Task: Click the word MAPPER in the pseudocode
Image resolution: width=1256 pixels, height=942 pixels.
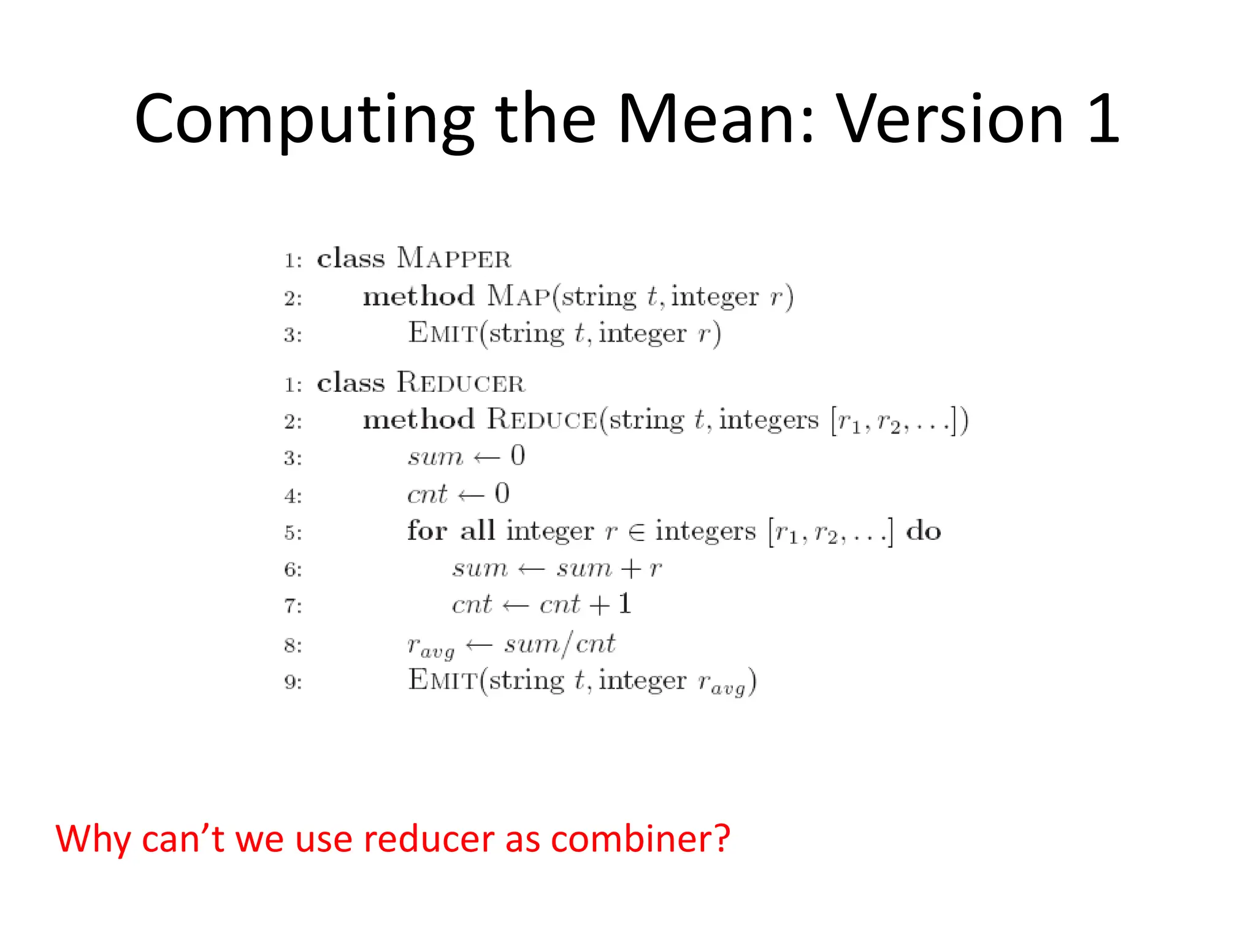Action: click(454, 258)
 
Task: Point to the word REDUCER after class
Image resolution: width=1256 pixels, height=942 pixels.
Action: click(461, 383)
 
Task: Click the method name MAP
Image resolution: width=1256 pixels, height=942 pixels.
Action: click(519, 296)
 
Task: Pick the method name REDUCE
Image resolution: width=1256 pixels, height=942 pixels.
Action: click(542, 420)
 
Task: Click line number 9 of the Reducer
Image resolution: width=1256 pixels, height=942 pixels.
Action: click(293, 682)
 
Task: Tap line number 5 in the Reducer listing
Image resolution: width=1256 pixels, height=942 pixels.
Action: click(293, 533)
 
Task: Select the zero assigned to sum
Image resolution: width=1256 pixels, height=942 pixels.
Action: click(518, 456)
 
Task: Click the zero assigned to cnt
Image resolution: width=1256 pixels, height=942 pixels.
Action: click(502, 494)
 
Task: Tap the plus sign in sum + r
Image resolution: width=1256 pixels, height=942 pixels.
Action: click(631, 569)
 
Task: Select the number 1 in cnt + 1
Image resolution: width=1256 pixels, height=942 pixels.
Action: click(624, 604)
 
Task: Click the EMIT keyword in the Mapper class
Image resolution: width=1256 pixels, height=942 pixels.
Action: click(443, 334)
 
